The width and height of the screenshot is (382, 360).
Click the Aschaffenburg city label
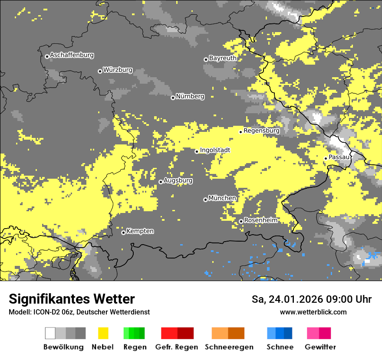coord(72,55)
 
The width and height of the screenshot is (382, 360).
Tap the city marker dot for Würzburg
coord(100,71)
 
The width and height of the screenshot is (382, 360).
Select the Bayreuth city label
coord(223,58)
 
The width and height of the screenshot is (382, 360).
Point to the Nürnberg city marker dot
coord(173,98)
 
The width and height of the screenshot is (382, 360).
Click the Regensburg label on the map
coord(261,130)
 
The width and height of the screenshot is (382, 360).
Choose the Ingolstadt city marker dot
coord(197,151)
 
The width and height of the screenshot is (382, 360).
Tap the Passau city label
coord(339,157)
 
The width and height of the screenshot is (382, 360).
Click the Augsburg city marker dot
coord(161,182)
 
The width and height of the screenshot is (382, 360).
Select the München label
coord(222,198)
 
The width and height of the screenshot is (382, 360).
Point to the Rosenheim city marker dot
coord(241,222)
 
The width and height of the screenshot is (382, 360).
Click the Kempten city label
coord(140,231)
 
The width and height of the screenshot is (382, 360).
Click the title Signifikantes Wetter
coord(72,299)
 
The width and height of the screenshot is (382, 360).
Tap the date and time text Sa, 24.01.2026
coord(311,299)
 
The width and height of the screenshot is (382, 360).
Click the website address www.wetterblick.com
coord(313,312)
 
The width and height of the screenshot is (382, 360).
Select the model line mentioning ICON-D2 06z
coord(79,312)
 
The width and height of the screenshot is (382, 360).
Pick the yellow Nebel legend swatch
coord(103,333)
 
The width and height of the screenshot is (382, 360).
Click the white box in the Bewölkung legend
coord(50,333)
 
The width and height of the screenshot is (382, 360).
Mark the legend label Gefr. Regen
coord(177,347)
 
